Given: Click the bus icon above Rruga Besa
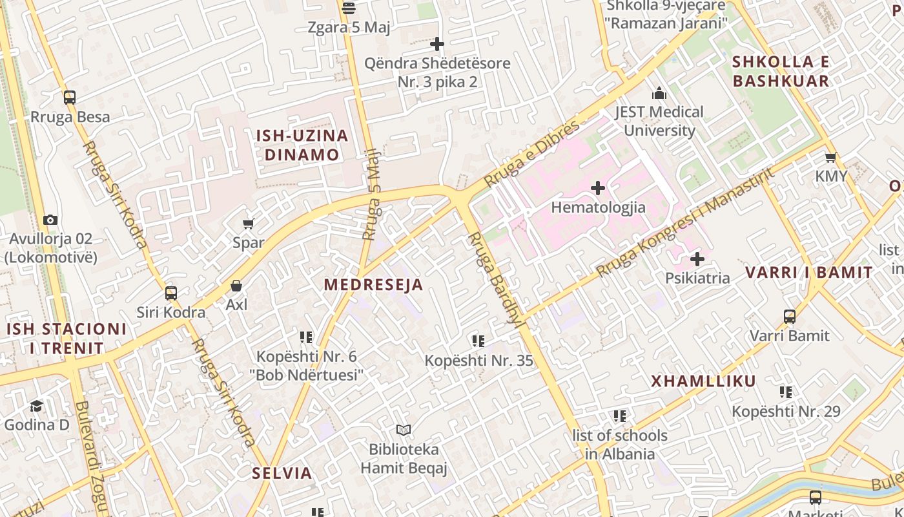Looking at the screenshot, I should coord(70,98).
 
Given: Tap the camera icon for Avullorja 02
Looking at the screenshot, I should coord(50,220).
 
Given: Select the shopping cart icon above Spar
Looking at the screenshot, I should coord(248,224).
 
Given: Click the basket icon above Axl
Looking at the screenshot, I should coord(236,286).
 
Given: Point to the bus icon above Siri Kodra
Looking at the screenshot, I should coord(171,293).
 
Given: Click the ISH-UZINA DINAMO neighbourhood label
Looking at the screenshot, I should coord(302,145).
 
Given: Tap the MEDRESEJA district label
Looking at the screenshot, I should coord(373,284).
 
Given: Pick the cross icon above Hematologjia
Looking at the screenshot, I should coord(598,188).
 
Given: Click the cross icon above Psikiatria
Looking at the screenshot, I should coord(697,259).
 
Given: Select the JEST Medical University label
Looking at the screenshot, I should coord(659,121).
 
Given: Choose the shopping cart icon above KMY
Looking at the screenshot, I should coord(831,157).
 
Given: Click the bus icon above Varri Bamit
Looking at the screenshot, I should coord(790,317).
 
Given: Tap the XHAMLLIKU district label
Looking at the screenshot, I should coord(703,381).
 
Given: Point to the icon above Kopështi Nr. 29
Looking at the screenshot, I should coord(786,392).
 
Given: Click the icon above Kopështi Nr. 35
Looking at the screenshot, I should coord(478,341).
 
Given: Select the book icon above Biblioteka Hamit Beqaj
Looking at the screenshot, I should coord(404,430).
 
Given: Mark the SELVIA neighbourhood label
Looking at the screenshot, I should coord(282,472).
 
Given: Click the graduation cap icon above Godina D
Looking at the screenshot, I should coord(37,406).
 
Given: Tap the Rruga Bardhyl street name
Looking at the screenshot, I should coord(495,279).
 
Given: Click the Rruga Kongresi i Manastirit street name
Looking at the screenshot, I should coord(684,223).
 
